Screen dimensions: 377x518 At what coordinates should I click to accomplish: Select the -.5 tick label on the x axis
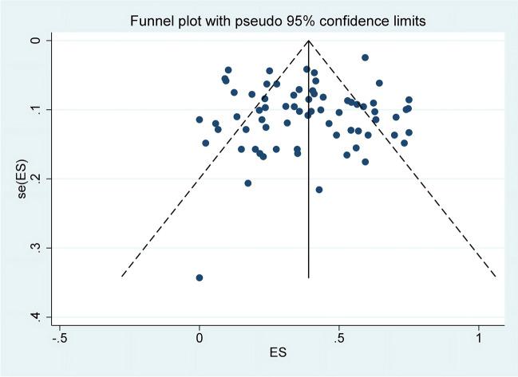[x=57, y=336]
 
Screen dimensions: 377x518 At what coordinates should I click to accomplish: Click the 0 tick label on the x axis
[x=200, y=336]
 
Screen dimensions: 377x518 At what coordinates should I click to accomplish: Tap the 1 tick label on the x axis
[x=479, y=336]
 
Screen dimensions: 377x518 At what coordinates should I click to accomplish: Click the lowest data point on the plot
[x=200, y=277]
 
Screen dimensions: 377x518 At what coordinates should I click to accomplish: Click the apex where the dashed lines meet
[x=309, y=41]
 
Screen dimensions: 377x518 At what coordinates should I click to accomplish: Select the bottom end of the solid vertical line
[x=309, y=277]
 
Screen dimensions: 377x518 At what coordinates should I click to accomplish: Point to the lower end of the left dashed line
[x=122, y=276]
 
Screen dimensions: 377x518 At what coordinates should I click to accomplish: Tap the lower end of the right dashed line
[x=496, y=276]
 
